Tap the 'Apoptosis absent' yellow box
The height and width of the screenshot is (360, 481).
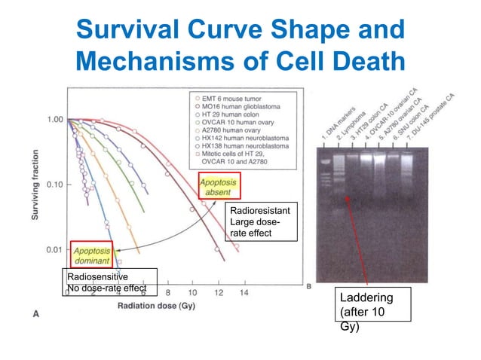click(x=219, y=185)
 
